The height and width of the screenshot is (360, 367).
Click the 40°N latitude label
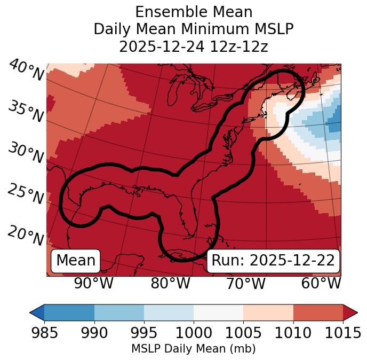click(x=26, y=71)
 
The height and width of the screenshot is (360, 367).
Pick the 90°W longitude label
click(x=93, y=284)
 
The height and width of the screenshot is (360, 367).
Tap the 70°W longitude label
click(x=246, y=284)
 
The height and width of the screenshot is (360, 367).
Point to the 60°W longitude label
click(x=321, y=284)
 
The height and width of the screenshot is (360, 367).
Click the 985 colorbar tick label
click(x=44, y=333)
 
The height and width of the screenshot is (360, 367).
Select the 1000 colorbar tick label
click(x=194, y=333)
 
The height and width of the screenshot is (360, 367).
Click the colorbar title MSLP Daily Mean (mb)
click(x=193, y=349)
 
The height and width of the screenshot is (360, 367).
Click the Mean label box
click(x=76, y=261)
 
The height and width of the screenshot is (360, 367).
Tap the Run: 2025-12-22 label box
click(x=273, y=261)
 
